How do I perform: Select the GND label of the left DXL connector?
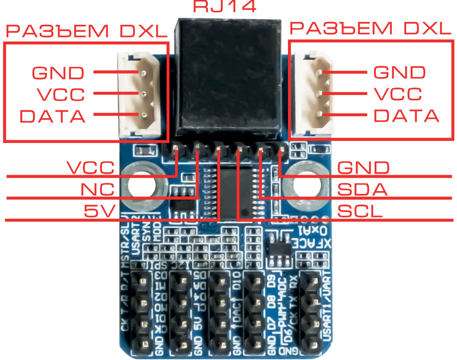pos(58,73)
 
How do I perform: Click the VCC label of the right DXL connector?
pos(397,94)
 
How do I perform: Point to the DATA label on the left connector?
pos(53,116)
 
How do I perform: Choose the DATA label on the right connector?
pos(406,116)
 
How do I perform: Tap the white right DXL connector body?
pos(314,95)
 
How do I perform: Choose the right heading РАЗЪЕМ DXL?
pos(370,29)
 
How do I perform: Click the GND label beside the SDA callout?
pos(363,167)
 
